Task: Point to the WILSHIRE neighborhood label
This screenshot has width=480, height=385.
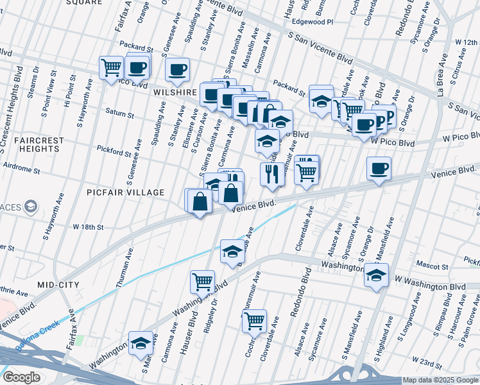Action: [175, 92]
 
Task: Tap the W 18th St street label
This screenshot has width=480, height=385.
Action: [88, 227]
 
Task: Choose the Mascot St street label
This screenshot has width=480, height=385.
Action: [431, 266]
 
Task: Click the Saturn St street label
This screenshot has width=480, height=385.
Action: [120, 116]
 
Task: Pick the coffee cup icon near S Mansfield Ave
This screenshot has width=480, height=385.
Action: [379, 169]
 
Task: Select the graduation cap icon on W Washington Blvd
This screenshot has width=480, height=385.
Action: [377, 276]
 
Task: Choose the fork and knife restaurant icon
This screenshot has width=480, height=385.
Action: [271, 173]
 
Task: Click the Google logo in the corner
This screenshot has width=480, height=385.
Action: [21, 377]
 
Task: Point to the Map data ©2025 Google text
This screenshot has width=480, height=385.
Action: [440, 380]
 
